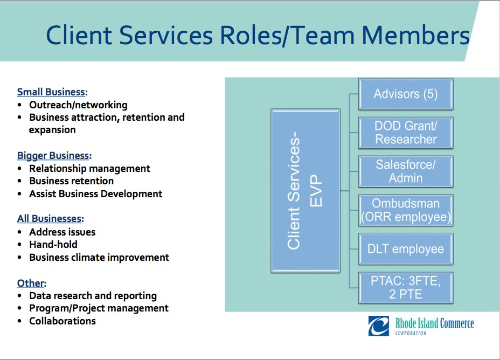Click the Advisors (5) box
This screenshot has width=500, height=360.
406,94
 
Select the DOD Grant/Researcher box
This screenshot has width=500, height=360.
406,133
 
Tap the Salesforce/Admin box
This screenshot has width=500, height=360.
406,171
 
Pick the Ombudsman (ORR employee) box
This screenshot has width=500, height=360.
406,211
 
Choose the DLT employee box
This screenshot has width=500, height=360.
406,249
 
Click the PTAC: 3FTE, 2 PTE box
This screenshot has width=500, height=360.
406,288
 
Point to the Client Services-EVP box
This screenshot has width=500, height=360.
305,191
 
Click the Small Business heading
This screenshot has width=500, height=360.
52,92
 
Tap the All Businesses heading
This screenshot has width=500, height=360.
51,219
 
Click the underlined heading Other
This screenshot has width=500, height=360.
32,283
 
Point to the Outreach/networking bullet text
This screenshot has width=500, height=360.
78,105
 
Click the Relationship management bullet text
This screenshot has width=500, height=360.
89,168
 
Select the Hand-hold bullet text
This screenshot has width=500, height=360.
53,245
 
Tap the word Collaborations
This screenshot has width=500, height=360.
63,321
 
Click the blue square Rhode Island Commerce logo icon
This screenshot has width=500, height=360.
379,326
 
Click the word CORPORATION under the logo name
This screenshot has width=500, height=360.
411,333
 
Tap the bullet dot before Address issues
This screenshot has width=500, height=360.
20,232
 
